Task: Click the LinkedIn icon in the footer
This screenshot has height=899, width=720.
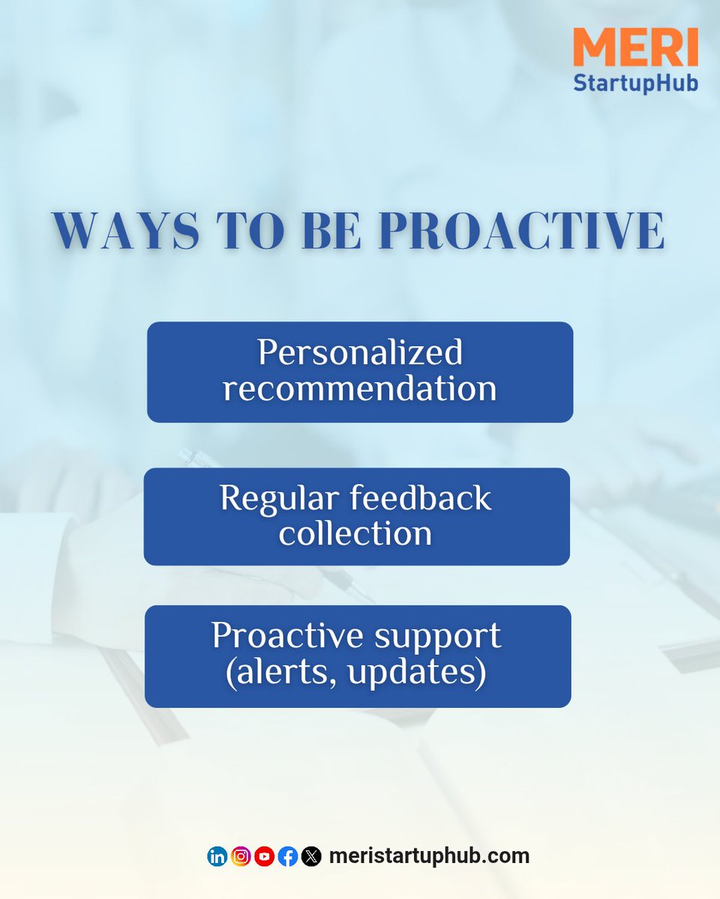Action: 217,856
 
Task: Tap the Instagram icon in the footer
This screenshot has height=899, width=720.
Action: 241,856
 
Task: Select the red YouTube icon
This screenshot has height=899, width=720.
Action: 264,856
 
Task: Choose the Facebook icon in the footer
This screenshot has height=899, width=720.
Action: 288,856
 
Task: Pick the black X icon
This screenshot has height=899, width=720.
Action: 311,856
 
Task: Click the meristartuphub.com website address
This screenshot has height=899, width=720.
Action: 429,856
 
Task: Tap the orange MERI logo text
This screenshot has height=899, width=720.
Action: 635,47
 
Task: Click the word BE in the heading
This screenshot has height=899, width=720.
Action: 332,231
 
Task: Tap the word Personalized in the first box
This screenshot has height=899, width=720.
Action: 360,354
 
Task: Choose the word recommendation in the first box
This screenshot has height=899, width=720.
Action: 360,389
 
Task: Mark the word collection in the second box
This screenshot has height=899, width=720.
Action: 355,533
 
